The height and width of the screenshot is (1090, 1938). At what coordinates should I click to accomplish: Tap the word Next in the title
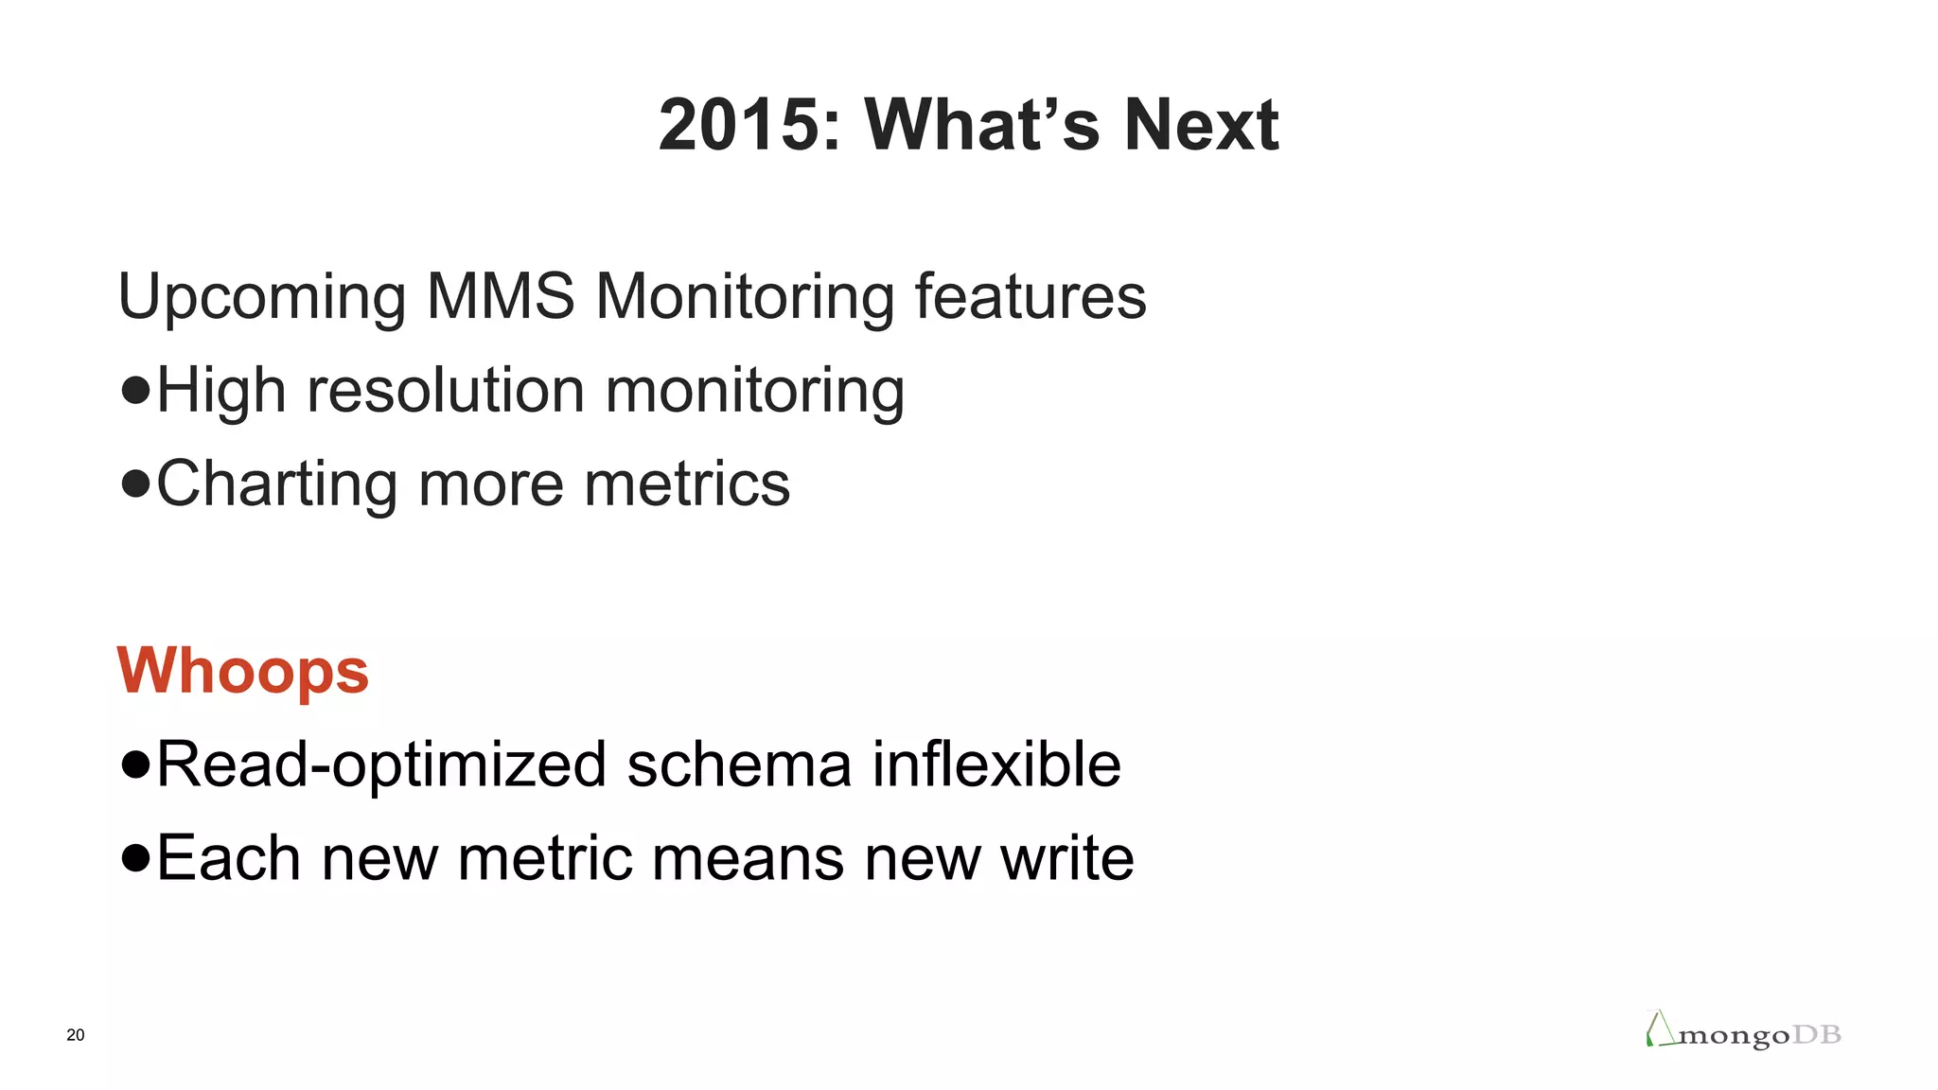click(1201, 125)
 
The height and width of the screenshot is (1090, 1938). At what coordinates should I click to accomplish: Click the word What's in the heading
click(980, 125)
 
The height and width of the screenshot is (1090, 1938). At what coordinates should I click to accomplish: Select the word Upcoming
click(261, 298)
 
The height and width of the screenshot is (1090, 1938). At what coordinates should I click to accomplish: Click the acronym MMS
click(501, 296)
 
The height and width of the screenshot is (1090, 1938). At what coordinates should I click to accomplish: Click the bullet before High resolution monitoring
click(136, 390)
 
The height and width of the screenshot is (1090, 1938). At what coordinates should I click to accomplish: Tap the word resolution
click(446, 390)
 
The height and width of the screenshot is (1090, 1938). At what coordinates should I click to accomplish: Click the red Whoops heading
click(242, 672)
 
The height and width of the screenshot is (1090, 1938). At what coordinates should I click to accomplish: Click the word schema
click(738, 765)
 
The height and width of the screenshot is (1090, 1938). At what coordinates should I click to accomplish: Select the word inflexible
click(995, 765)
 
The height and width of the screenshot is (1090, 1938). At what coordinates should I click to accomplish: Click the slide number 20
click(76, 1035)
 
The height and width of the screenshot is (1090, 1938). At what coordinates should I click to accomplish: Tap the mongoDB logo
click(1743, 1031)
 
